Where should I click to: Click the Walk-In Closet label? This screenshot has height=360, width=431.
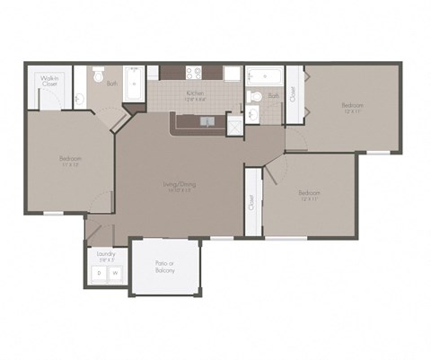point(49,82)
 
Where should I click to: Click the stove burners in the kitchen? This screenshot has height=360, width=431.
point(193,74)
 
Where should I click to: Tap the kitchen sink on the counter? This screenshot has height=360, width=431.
point(207,120)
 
